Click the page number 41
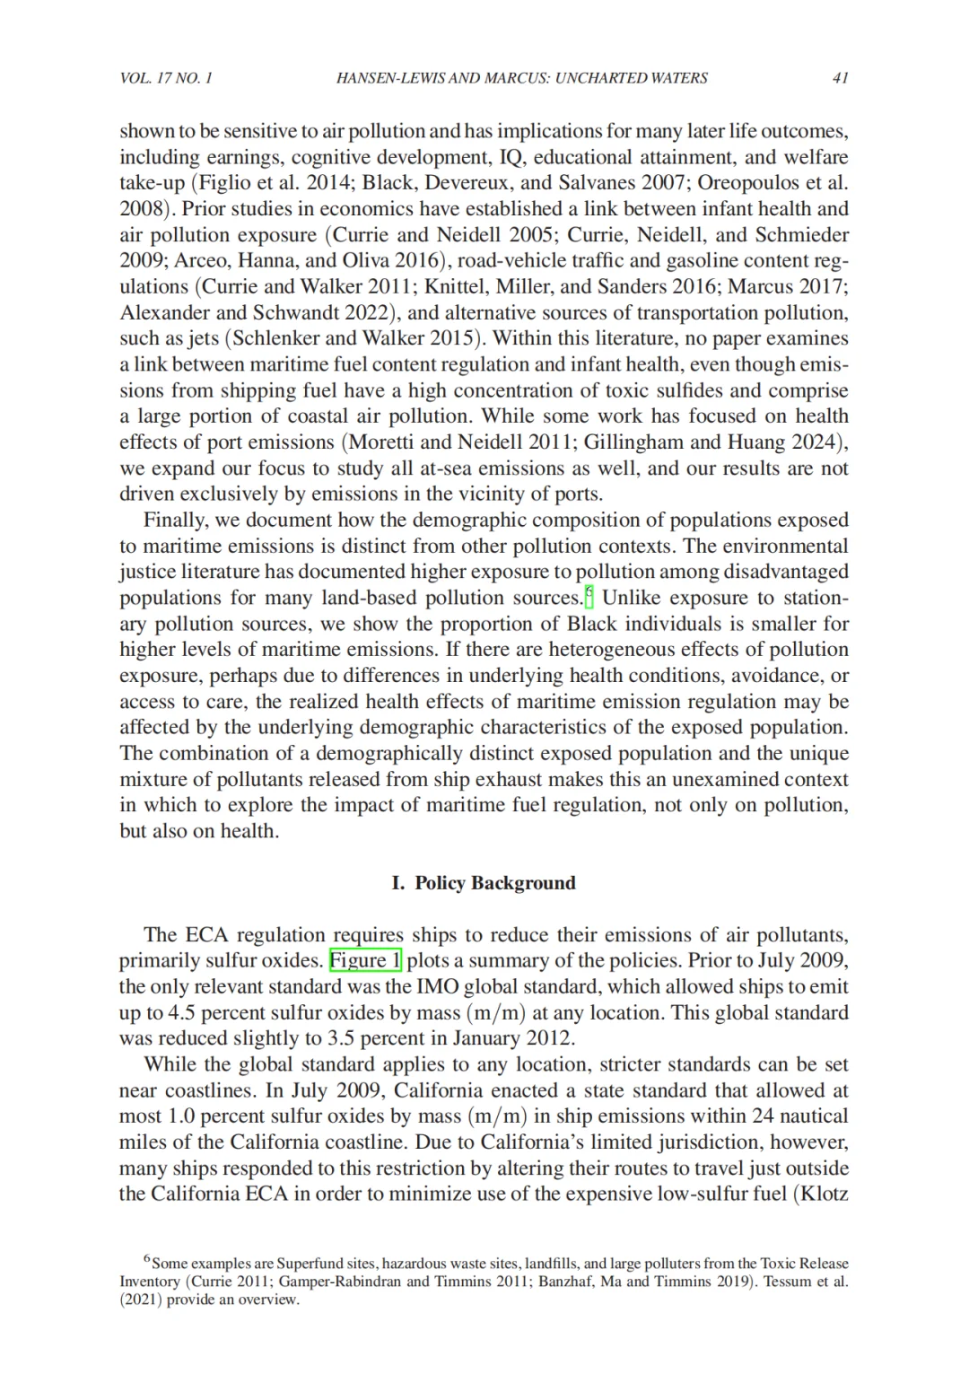(x=840, y=78)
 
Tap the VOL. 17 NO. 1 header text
(x=166, y=78)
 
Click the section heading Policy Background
(x=494, y=883)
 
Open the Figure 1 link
(x=365, y=960)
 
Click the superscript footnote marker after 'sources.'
(x=589, y=594)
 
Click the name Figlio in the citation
(x=225, y=183)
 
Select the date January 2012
(x=511, y=1038)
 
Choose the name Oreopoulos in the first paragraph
(x=746, y=183)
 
